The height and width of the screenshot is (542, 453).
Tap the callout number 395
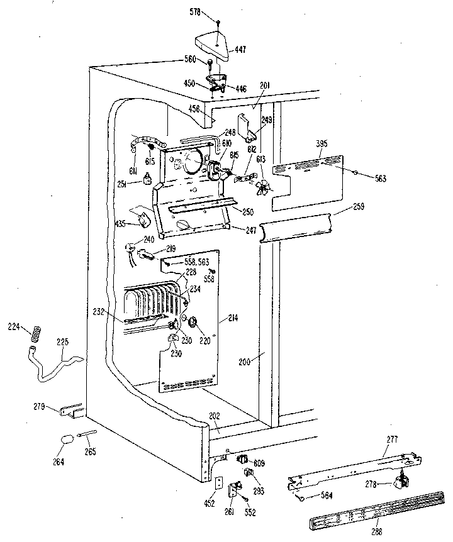coord(322,145)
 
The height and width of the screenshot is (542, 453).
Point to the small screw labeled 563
coord(355,172)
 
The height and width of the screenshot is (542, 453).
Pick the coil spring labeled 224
coord(35,331)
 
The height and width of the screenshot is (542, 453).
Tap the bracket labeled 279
coord(69,410)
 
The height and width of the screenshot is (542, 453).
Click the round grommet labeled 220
coord(194,324)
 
